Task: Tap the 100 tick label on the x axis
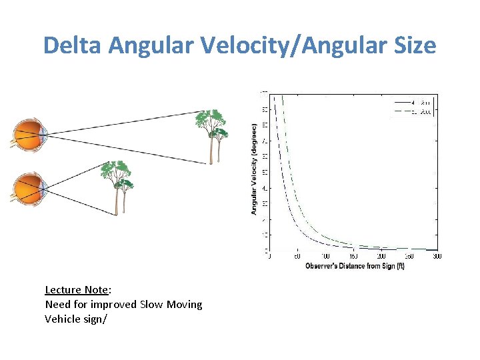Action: point(325,257)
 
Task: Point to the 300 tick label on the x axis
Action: point(437,257)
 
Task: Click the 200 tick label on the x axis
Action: point(381,257)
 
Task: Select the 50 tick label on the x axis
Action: point(297,257)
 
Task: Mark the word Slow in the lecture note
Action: point(153,304)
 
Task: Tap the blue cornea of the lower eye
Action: point(43,189)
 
